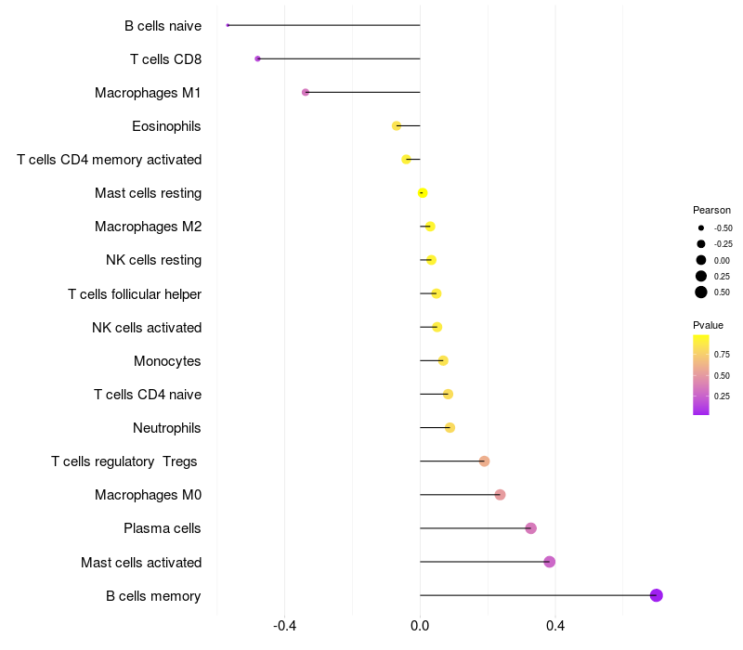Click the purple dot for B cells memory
pos(656,595)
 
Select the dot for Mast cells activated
pos(549,562)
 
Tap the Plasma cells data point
pos(530,528)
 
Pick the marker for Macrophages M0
pos(500,495)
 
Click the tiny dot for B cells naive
pos(228,25)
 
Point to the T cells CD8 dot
pos(257,58)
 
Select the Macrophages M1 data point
pos(306,92)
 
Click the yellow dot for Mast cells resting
pos(423,193)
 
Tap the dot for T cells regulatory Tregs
pos(484,461)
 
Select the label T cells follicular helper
pos(135,294)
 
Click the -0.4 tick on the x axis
pos(284,627)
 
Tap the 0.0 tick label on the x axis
pos(420,627)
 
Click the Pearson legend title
pos(711,210)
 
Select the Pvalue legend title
pos(708,325)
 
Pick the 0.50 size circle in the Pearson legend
pos(701,292)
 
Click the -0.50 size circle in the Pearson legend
pos(701,227)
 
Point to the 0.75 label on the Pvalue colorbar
pos(722,355)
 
